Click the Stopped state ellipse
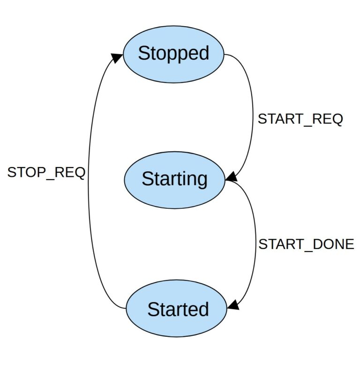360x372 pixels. coord(173,53)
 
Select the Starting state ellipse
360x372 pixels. coord(174,179)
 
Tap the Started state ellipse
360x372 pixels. coord(177,309)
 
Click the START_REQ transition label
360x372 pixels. coord(300,119)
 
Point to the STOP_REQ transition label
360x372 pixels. coord(46,173)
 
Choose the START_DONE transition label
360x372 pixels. coord(306,244)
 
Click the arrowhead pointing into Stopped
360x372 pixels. coord(117,58)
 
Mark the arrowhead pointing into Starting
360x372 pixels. coord(232,177)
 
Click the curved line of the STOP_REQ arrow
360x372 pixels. coord(89,188)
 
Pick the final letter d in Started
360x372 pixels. coord(203,309)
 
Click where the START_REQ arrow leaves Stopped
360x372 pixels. coord(225,54)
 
